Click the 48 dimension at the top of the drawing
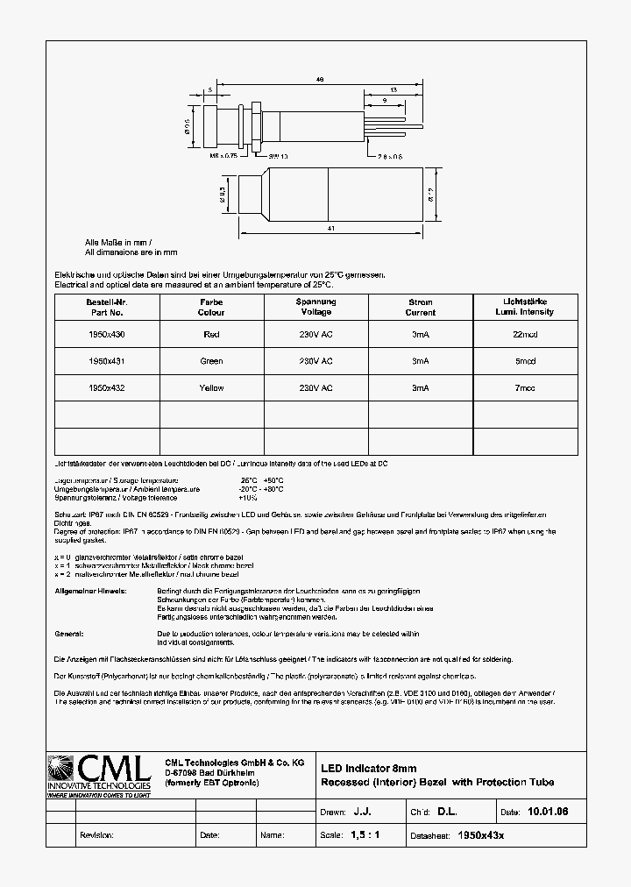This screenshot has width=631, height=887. (320, 79)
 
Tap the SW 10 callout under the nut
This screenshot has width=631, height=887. (254, 156)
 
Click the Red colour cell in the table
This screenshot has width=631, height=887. (211, 334)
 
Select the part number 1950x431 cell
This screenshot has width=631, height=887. (106, 361)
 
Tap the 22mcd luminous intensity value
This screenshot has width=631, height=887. (525, 334)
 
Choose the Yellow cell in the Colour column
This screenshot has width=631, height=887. (211, 387)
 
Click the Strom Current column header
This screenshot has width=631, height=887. (421, 307)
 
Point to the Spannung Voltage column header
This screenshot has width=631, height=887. (315, 307)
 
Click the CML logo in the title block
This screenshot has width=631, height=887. (101, 773)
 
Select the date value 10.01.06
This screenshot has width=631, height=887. (549, 812)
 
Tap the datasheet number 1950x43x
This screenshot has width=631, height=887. (482, 835)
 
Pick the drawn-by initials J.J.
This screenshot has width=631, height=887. (374, 812)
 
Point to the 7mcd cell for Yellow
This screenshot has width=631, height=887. (525, 387)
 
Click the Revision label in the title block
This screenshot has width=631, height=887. (96, 835)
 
